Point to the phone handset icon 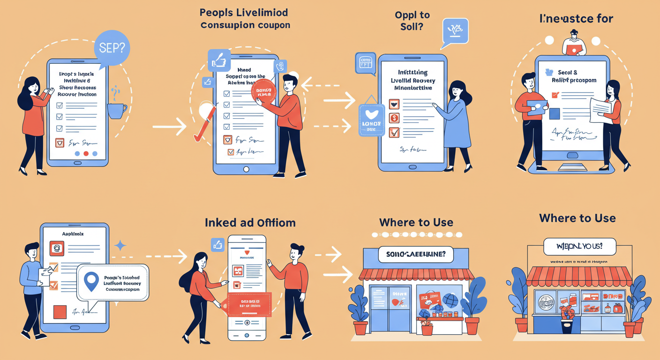(x=281, y=66)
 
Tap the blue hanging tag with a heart (x=371, y=120)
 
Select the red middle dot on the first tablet (x=85, y=153)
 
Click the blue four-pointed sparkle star (x=120, y=246)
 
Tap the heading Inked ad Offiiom (x=250, y=223)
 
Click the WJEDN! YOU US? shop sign (x=579, y=247)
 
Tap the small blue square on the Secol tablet (x=554, y=113)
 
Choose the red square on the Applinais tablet (x=60, y=312)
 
